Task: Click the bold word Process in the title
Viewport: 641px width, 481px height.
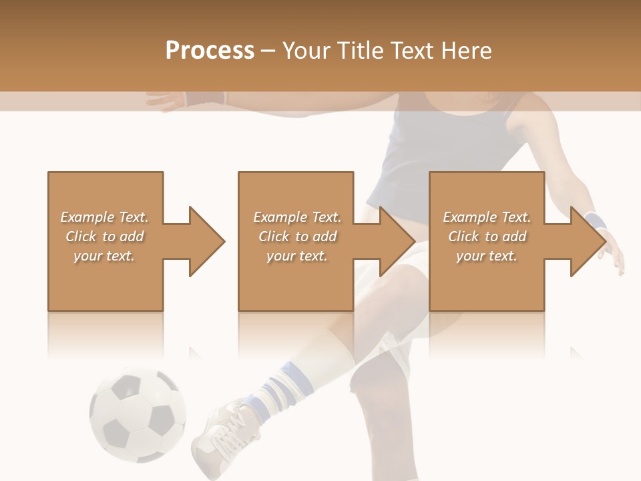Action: (x=210, y=51)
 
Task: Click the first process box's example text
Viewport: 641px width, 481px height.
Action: (x=104, y=236)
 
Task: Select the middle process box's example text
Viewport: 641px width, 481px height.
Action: (x=296, y=236)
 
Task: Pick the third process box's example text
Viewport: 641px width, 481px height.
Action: (x=487, y=236)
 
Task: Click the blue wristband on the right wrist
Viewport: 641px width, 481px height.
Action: (x=593, y=220)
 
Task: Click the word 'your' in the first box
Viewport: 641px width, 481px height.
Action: (x=86, y=256)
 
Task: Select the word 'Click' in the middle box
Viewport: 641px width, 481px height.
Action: (x=274, y=236)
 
